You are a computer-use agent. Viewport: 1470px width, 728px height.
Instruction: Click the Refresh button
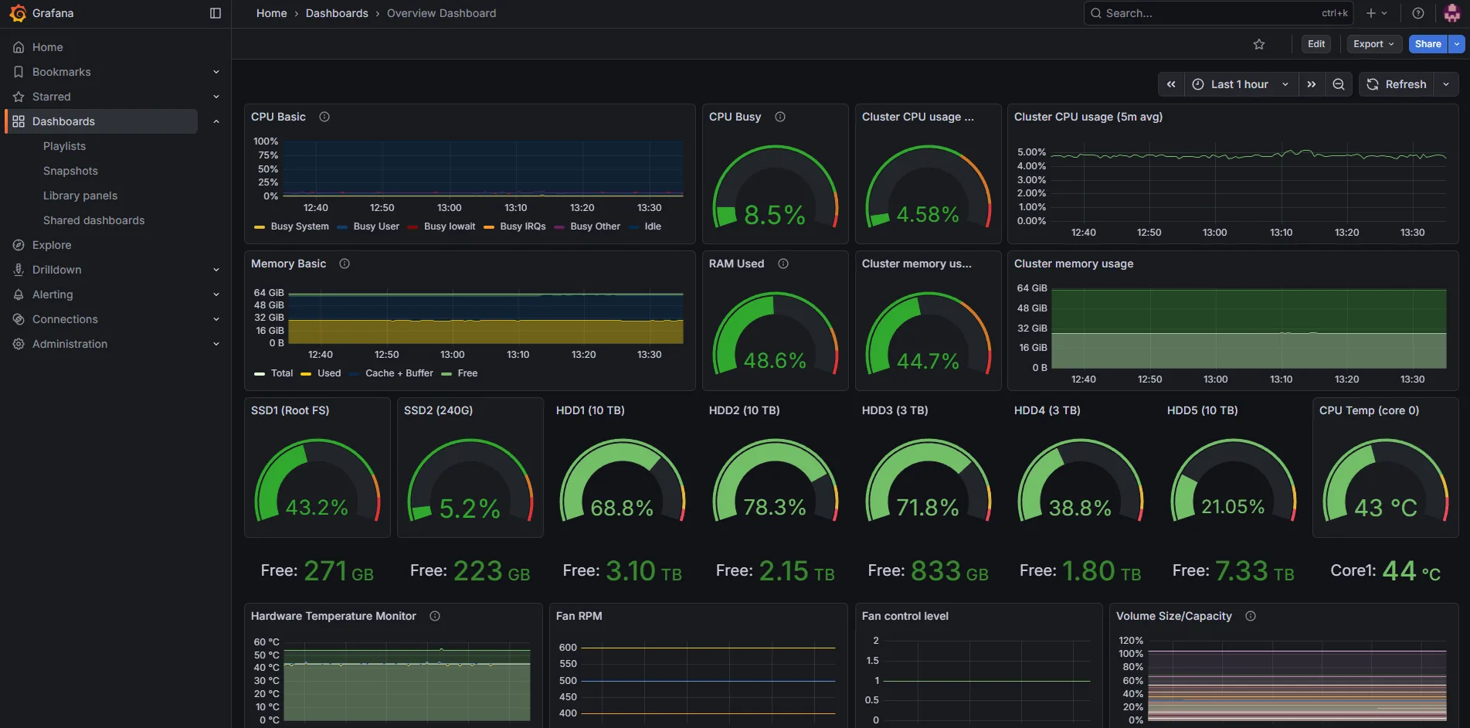pyautogui.click(x=1397, y=84)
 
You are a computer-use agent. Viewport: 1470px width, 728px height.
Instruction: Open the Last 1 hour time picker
pyautogui.click(x=1239, y=84)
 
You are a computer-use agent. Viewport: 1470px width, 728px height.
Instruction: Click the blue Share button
pyautogui.click(x=1428, y=44)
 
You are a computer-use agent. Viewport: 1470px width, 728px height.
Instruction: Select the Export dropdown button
pyautogui.click(x=1373, y=44)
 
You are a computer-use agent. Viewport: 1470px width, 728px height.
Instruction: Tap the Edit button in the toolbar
pyautogui.click(x=1316, y=44)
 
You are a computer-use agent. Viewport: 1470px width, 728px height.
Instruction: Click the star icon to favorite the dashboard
pyautogui.click(x=1259, y=44)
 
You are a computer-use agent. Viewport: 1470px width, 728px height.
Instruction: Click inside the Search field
pyautogui.click(x=1205, y=13)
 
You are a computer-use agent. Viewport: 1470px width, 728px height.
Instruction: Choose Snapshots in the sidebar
pyautogui.click(x=70, y=171)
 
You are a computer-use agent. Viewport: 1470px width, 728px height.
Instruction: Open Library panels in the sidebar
pyautogui.click(x=80, y=196)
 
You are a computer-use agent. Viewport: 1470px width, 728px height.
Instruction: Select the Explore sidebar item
pyautogui.click(x=52, y=245)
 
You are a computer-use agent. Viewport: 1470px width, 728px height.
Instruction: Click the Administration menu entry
pyautogui.click(x=70, y=344)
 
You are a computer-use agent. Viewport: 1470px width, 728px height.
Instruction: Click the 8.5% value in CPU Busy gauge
pyautogui.click(x=774, y=215)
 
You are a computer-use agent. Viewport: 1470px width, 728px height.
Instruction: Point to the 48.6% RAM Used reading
pyautogui.click(x=774, y=361)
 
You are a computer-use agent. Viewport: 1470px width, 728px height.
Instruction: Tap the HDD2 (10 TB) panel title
pyautogui.click(x=744, y=410)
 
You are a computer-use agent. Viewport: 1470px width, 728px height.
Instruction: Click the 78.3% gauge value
pyautogui.click(x=774, y=507)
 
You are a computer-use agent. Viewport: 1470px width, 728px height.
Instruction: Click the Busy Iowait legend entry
pyautogui.click(x=450, y=226)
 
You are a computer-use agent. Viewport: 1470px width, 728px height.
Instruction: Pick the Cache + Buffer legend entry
pyautogui.click(x=399, y=373)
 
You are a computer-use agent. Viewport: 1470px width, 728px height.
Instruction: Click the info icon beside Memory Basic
pyautogui.click(x=345, y=264)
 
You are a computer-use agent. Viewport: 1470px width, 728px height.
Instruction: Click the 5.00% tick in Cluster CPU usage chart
pyautogui.click(x=1031, y=152)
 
